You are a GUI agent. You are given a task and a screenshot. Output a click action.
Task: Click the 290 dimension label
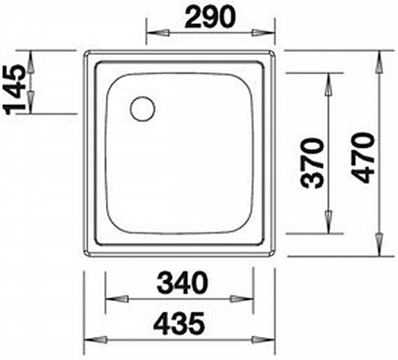coord(210,17)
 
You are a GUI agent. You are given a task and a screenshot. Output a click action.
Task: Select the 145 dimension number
coord(14,90)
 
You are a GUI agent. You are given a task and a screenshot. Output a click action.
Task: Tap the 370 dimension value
coord(312,163)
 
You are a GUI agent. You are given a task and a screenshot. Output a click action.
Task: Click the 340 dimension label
coord(182,282)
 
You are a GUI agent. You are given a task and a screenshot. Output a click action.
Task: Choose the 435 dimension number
coord(180,323)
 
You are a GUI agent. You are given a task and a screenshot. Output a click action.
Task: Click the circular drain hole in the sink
coord(142,109)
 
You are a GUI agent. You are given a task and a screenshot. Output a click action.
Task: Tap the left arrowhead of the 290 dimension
coord(158,33)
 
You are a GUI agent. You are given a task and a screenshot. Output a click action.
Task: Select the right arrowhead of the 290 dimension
coord(263,33)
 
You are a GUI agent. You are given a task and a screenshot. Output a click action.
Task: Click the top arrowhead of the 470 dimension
coord(380,62)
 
